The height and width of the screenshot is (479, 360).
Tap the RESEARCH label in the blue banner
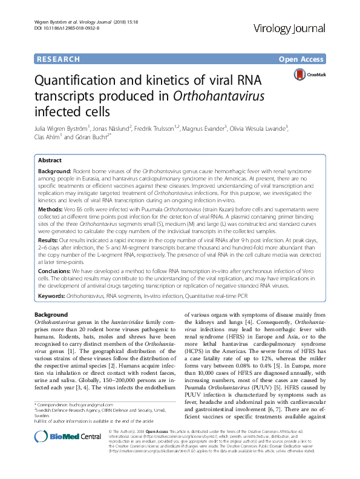pos(58,59)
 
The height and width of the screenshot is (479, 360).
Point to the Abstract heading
pos(50,160)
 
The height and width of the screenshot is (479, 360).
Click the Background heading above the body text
pos(51,315)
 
